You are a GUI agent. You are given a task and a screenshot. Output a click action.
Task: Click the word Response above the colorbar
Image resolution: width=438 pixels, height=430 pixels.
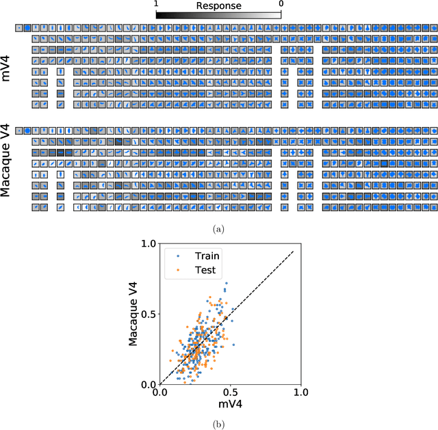click(x=218, y=5)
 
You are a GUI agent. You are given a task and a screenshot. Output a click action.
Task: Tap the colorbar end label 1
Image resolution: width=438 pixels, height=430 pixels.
click(x=157, y=4)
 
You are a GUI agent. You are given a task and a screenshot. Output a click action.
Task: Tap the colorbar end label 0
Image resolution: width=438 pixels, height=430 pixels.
click(x=281, y=4)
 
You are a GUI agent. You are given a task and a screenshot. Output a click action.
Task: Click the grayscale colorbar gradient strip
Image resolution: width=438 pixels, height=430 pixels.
click(x=218, y=14)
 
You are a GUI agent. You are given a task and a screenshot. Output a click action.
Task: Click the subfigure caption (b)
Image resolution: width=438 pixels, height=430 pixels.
click(x=218, y=424)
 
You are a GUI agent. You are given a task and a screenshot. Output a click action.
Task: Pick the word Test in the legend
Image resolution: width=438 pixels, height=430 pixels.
click(x=203, y=270)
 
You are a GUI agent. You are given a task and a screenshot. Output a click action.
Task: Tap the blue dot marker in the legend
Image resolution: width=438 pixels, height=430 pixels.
click(x=179, y=256)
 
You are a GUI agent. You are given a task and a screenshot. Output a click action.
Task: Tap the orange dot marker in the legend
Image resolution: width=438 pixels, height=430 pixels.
click(x=179, y=270)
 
